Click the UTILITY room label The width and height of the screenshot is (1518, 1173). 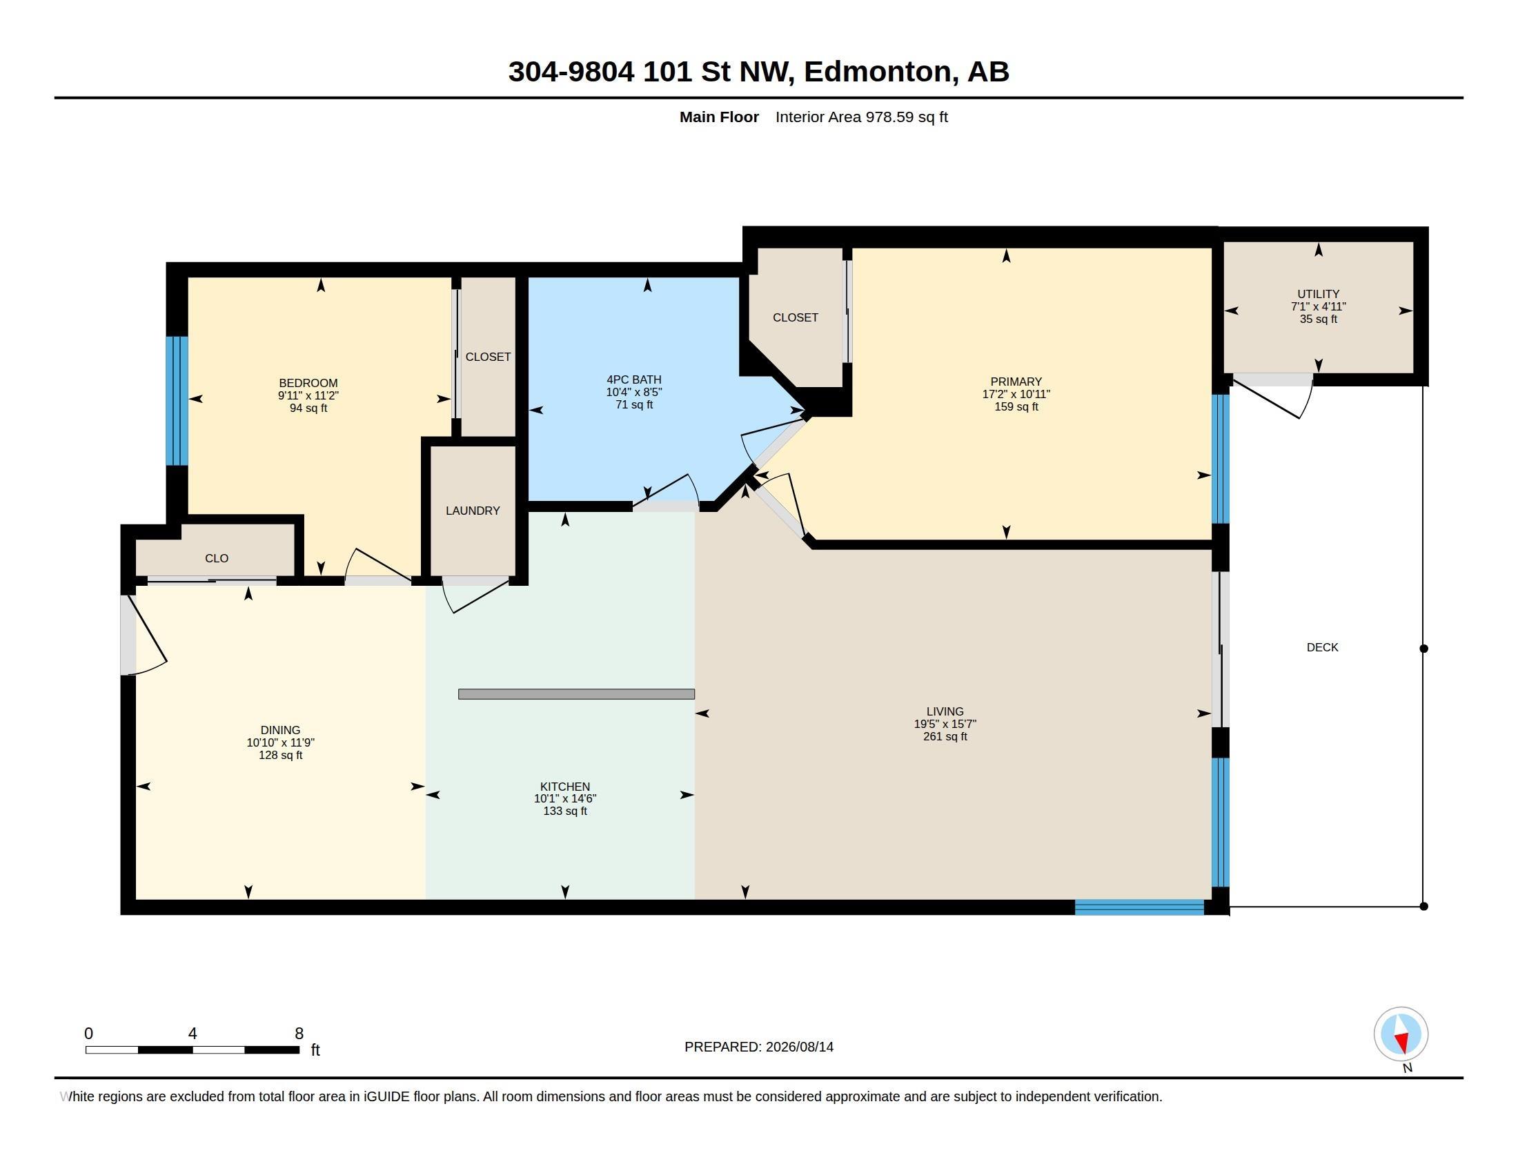point(1318,294)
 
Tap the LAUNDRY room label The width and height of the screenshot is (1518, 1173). point(473,511)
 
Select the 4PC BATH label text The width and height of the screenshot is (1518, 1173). point(634,379)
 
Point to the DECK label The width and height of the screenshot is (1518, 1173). point(1322,648)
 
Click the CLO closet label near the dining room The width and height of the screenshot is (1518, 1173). point(217,558)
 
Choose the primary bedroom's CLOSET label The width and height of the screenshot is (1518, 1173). point(795,317)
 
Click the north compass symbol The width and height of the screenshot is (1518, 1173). point(1401,1034)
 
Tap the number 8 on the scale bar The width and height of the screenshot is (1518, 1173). point(299,1034)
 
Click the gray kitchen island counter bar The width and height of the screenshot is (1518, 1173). point(576,693)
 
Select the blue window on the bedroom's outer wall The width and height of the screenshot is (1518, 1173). point(177,401)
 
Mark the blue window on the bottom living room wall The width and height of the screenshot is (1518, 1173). point(1139,907)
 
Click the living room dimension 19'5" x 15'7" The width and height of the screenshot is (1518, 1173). point(945,724)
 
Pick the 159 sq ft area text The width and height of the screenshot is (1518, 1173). point(1016,406)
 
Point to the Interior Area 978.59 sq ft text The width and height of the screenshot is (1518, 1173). point(861,117)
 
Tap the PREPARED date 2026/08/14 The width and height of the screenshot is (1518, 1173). point(799,1047)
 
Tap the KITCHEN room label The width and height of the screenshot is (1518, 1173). point(565,787)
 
